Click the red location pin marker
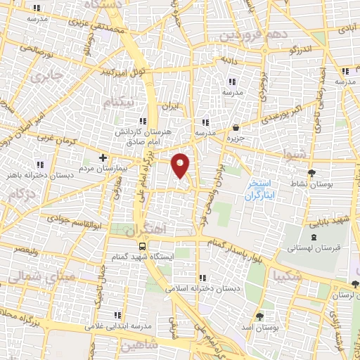click(x=181, y=165)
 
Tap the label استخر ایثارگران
click(x=259, y=190)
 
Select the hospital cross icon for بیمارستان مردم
click(x=103, y=157)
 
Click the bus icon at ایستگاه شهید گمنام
click(x=143, y=247)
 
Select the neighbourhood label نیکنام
click(x=117, y=103)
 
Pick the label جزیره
click(x=235, y=139)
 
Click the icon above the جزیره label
click(x=235, y=128)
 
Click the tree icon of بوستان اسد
click(x=260, y=316)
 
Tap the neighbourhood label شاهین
click(x=141, y=346)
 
